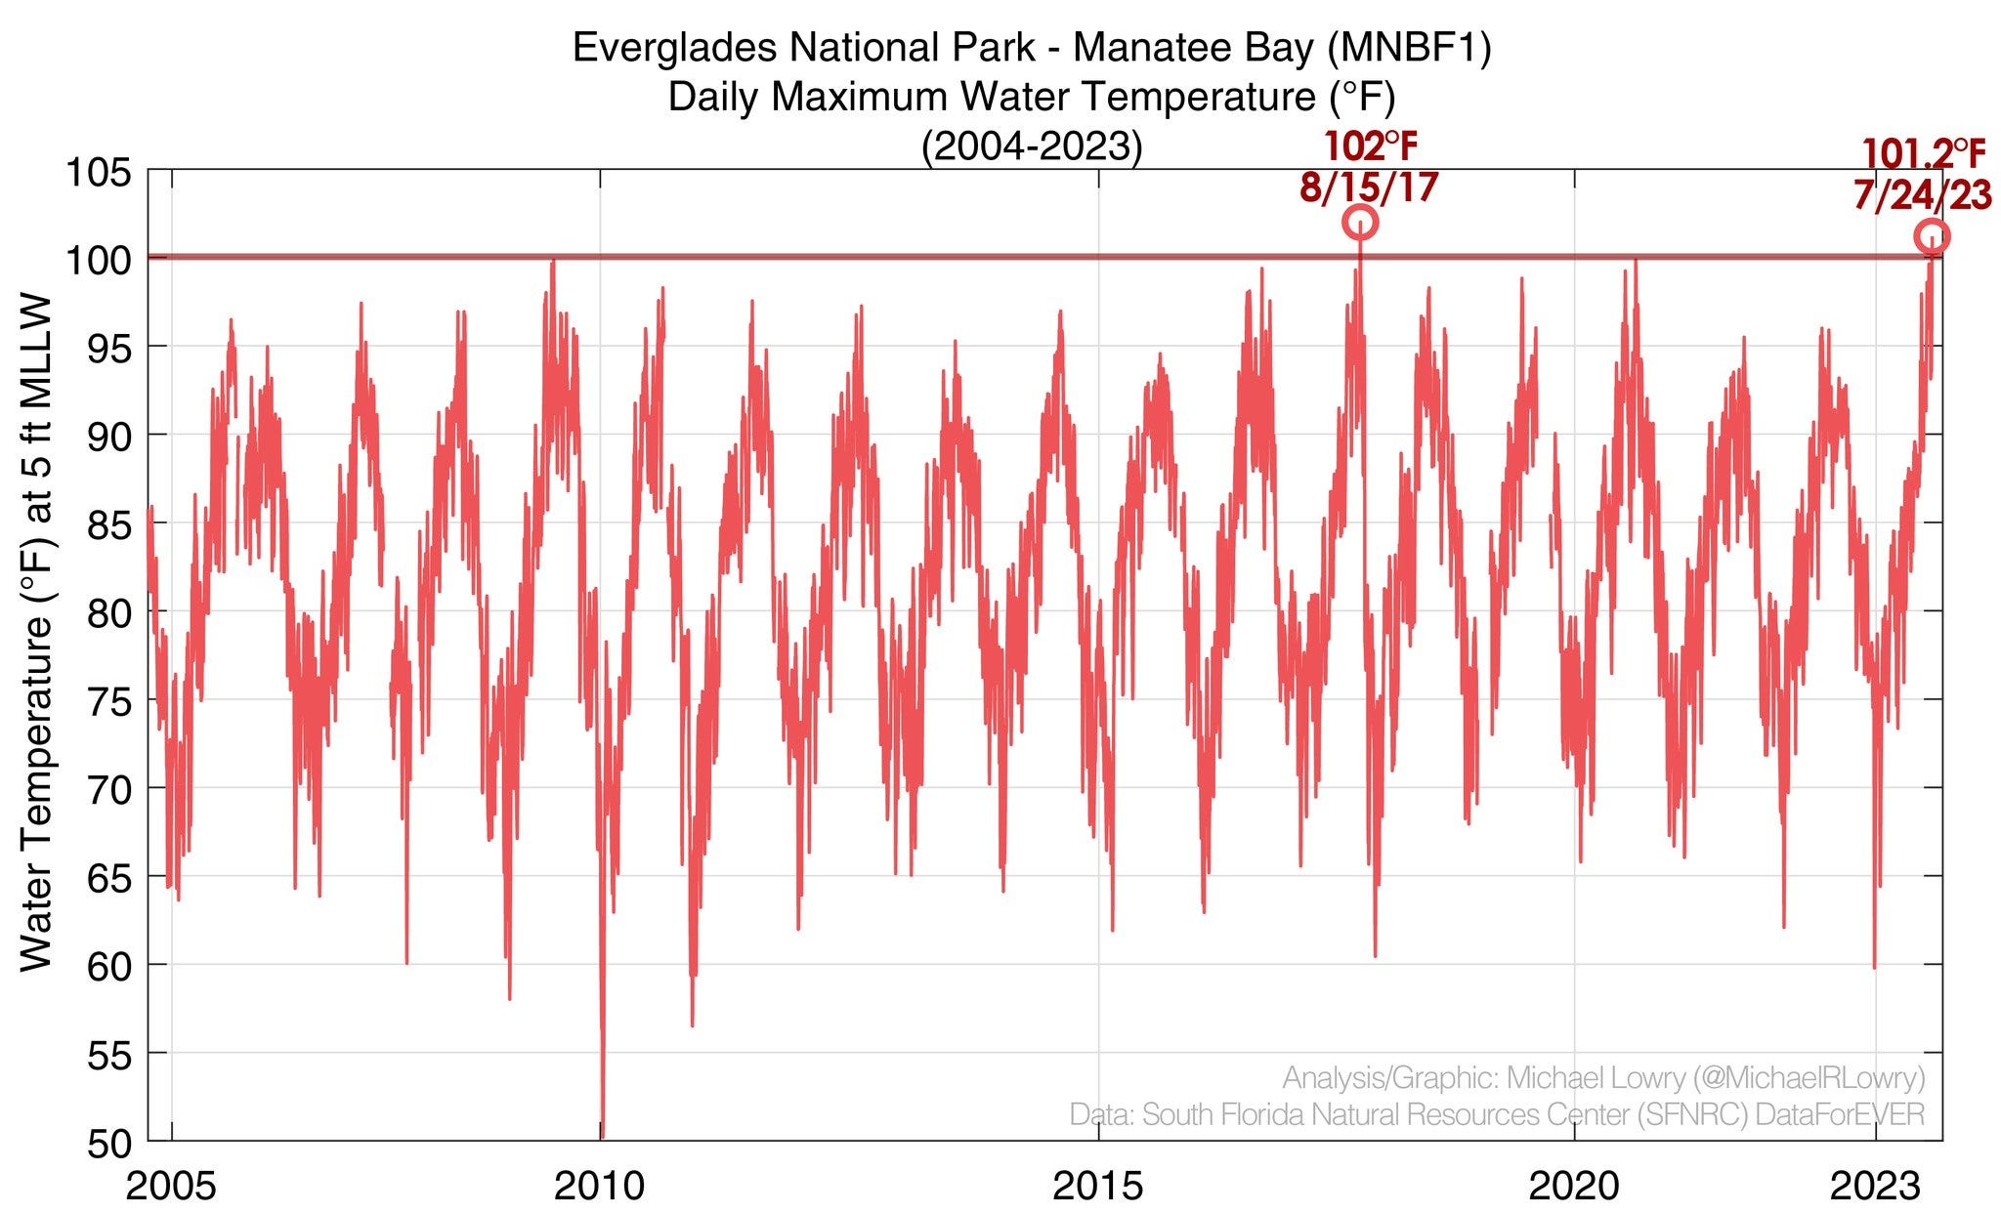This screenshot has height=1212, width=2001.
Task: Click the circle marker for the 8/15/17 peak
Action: coord(1360,223)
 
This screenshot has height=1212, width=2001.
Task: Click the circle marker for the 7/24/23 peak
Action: coord(1932,236)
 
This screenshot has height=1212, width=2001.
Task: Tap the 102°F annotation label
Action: coord(1370,146)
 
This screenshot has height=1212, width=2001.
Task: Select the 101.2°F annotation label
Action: coord(1923,154)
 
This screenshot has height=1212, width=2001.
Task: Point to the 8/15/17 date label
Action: coord(1369,187)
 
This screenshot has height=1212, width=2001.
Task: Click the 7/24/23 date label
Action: coord(1922,195)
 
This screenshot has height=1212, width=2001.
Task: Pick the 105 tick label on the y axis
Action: coord(98,174)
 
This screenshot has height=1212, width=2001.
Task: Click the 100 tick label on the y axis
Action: coord(98,260)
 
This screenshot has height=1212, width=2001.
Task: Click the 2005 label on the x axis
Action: coord(172,1186)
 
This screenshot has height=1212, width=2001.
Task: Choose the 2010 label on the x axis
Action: coord(599,1186)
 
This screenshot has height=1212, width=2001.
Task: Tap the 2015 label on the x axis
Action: coord(1098,1186)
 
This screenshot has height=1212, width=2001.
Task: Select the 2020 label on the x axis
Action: coord(1574,1186)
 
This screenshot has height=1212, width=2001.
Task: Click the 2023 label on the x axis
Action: coord(1875,1186)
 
